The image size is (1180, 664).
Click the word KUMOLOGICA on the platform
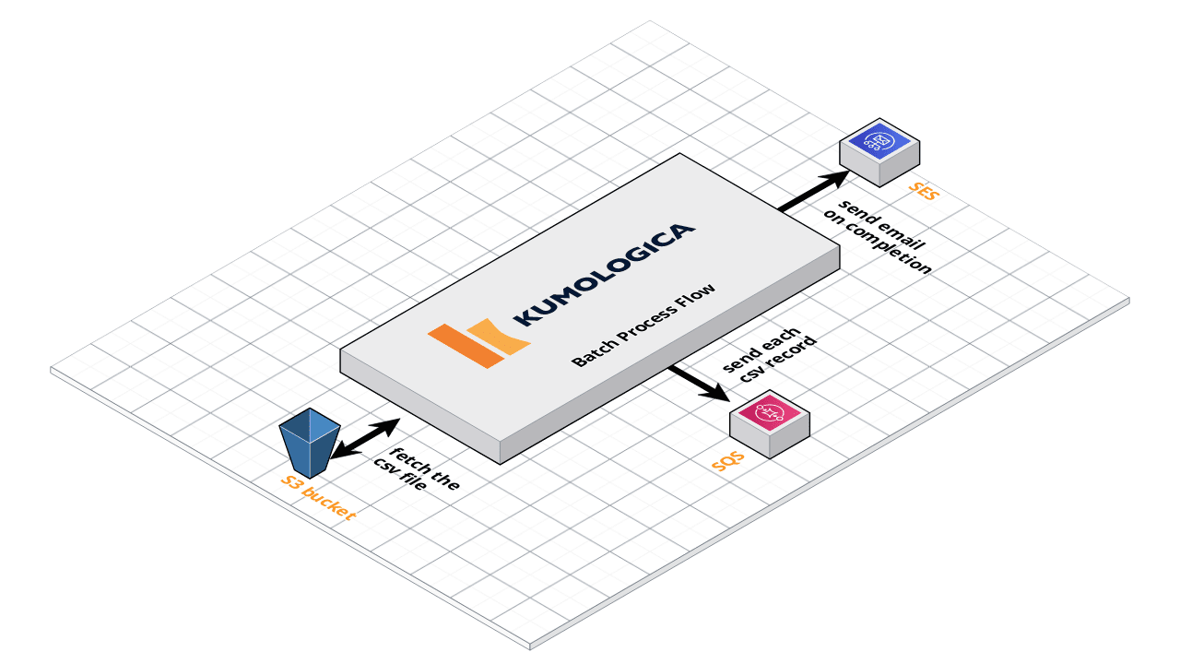(x=605, y=274)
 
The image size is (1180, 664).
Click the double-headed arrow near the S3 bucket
(x=364, y=438)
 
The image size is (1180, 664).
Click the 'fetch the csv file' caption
(x=414, y=468)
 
